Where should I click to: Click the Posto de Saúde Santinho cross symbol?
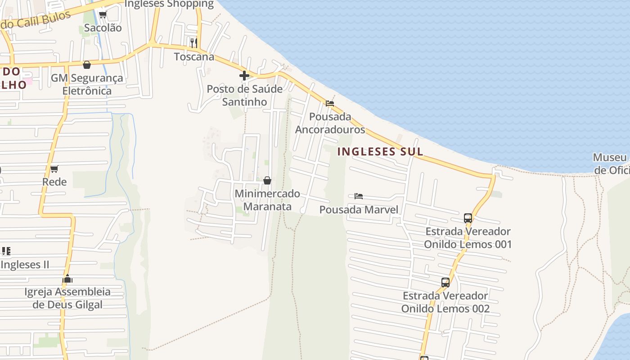pos(244,76)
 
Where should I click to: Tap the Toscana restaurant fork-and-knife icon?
pos(194,43)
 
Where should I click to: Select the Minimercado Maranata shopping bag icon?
pos(267,180)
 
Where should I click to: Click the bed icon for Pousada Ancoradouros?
pos(330,103)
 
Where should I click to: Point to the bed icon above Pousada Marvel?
pos(359,196)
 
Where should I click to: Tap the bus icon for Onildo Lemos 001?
pos(468,218)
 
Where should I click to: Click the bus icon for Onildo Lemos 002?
pos(445,283)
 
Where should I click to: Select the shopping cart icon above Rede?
pos(54,169)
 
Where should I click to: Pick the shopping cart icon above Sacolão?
pos(103,14)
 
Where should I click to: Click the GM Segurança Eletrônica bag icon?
pos(87,65)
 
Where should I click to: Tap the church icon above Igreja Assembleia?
pos(67,279)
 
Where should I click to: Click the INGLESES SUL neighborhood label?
pos(380,152)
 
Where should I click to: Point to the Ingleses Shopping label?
pos(169,4)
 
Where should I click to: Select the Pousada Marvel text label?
pos(359,210)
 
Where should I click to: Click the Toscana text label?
pos(194,57)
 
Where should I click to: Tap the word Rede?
pos(54,182)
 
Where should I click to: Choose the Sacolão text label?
pos(103,28)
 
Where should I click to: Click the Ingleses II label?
pos(25,265)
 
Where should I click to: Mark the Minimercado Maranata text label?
pos(267,200)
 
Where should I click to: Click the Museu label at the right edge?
pos(610,157)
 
